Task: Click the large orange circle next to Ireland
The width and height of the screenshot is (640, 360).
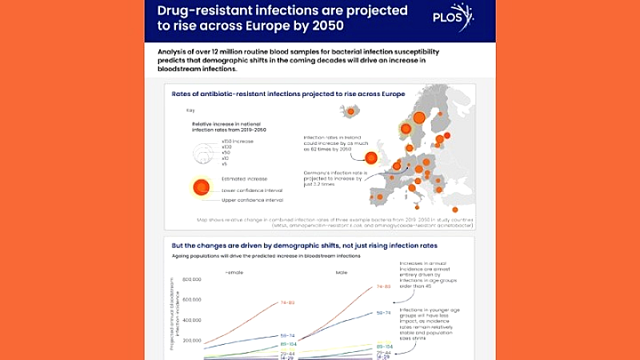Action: coord(371,158)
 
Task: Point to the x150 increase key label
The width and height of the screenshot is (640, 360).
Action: coord(238,141)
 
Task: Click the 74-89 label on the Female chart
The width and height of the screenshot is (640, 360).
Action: coord(289,302)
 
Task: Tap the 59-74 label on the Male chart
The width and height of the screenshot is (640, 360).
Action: coord(383,312)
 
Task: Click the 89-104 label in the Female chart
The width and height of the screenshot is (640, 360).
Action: coord(289,343)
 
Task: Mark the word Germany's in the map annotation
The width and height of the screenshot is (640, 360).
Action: coord(316,173)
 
